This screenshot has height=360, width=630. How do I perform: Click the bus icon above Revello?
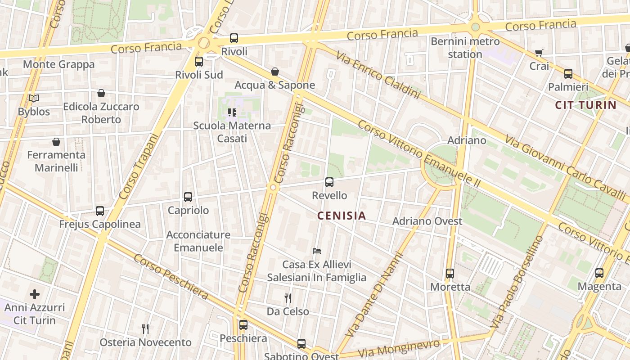point(329,182)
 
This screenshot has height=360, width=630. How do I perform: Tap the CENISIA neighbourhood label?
point(342,216)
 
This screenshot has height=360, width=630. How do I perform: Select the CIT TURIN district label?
point(585,105)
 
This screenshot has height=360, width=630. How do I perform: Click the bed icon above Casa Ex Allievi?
point(317,251)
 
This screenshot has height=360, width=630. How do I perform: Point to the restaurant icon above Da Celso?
point(288,298)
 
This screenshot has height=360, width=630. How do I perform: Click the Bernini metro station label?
point(465,48)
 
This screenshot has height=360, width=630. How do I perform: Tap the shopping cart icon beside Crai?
point(539,53)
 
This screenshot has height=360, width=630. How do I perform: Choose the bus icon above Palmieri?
point(568,74)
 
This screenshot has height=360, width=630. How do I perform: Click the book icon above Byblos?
point(34,98)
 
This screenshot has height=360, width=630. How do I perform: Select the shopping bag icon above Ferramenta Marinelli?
point(56,142)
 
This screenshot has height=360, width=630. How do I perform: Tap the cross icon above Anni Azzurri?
point(35,294)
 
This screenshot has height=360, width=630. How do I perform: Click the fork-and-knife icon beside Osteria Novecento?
point(145,329)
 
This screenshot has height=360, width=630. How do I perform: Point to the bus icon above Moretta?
point(450,274)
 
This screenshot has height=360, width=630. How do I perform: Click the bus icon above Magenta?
point(599,273)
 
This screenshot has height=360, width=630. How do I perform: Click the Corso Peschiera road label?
point(171,277)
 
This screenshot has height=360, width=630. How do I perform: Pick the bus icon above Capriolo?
point(188,197)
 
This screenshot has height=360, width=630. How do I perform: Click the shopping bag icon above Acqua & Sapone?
point(274,72)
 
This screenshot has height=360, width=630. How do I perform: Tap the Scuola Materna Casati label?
point(232,132)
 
